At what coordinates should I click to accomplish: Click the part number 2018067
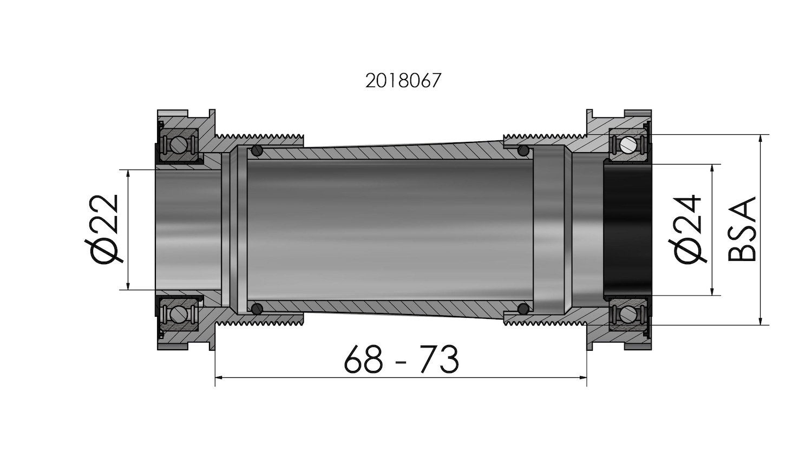403,81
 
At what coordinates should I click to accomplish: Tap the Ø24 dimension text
689,230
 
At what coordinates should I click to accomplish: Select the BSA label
742,230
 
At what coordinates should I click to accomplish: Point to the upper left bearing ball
178,145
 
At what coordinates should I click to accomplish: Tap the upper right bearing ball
628,145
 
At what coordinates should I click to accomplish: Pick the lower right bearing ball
628,314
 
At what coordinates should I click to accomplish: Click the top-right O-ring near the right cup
523,150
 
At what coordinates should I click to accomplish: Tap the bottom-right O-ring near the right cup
523,309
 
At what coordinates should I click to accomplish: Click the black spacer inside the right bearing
627,230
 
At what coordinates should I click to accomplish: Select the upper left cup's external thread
260,135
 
